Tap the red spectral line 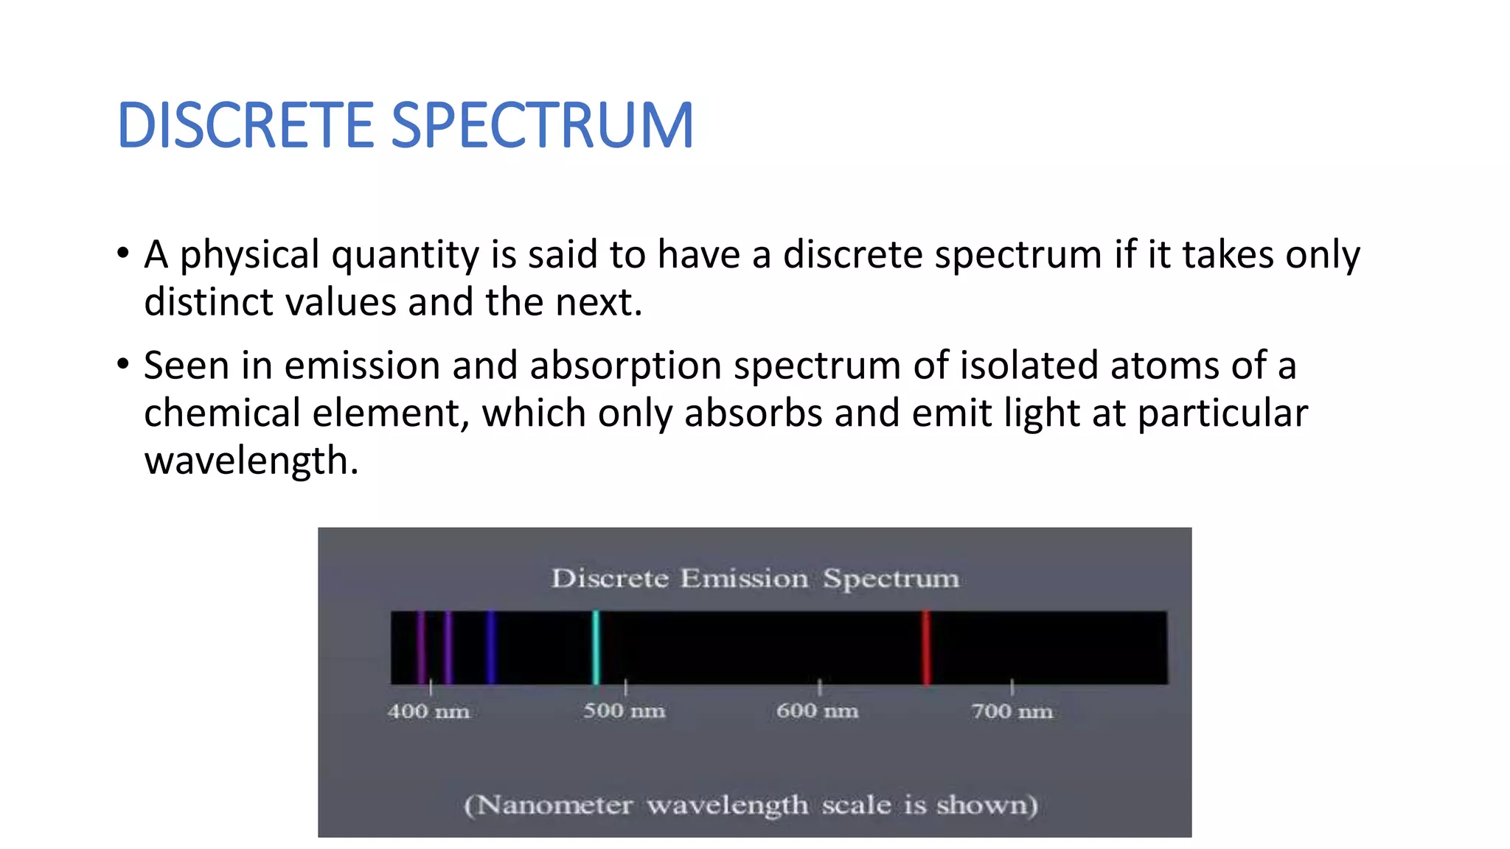point(926,647)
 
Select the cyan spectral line point(596,647)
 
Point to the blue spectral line point(491,647)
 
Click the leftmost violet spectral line point(421,647)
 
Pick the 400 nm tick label point(428,712)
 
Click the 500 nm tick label point(624,711)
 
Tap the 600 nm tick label point(817,711)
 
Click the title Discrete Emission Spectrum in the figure point(755,579)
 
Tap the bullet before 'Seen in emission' point(123,365)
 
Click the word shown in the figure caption point(987,805)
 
